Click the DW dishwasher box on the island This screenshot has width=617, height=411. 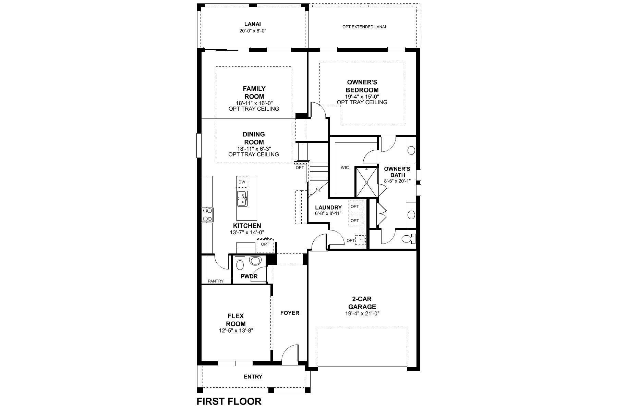(242, 182)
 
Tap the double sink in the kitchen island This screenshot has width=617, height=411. (242, 199)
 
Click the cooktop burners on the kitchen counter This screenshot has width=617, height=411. (207, 215)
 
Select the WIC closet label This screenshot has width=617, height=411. (345, 167)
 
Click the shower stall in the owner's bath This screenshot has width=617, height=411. (366, 183)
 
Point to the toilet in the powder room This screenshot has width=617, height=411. (240, 264)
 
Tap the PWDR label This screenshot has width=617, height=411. (249, 276)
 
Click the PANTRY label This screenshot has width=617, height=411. (216, 281)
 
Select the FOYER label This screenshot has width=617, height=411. (290, 313)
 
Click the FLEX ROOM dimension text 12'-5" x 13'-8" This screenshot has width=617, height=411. (236, 331)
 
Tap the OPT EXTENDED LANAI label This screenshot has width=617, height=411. (364, 27)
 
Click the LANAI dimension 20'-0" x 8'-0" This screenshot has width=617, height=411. (253, 31)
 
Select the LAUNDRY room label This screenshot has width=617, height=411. (328, 208)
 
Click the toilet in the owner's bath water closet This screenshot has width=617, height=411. (407, 239)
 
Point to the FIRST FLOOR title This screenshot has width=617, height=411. (229, 401)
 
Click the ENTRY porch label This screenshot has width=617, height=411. (253, 377)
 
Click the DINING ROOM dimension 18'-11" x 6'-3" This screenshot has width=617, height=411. (254, 149)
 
